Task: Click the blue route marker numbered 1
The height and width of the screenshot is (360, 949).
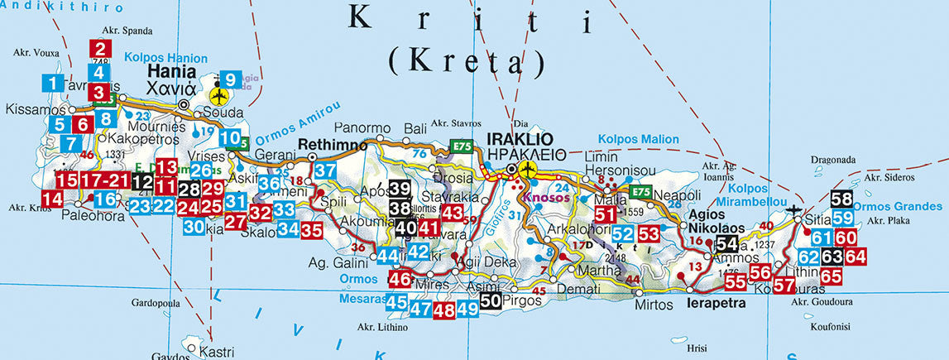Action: (x=52, y=83)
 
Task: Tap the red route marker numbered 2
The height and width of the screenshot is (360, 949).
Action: (x=101, y=50)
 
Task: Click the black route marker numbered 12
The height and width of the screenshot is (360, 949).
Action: (x=142, y=182)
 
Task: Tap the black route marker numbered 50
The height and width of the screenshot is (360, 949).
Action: (x=491, y=301)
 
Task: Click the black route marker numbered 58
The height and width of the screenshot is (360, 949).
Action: (x=842, y=199)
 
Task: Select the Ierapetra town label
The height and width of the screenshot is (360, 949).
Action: (x=717, y=304)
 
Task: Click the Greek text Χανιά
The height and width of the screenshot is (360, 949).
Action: (x=171, y=89)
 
